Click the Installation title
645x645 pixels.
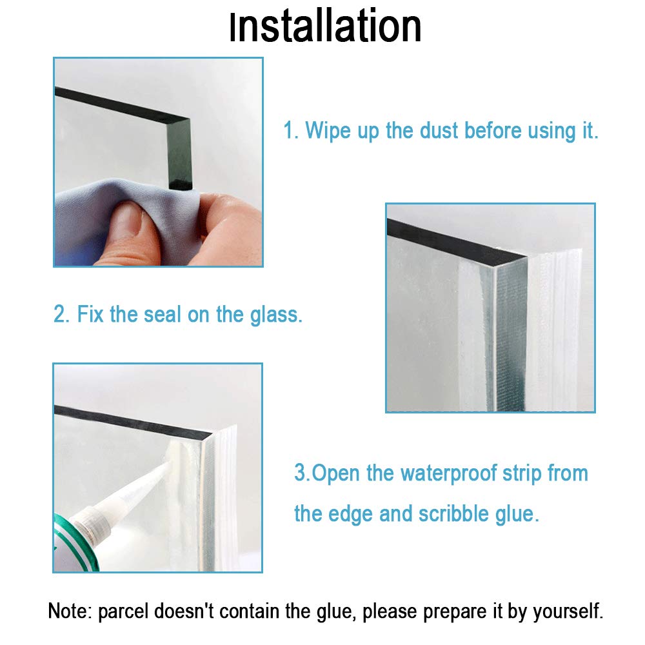click(325, 28)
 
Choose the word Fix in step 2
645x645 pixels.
click(91, 315)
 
